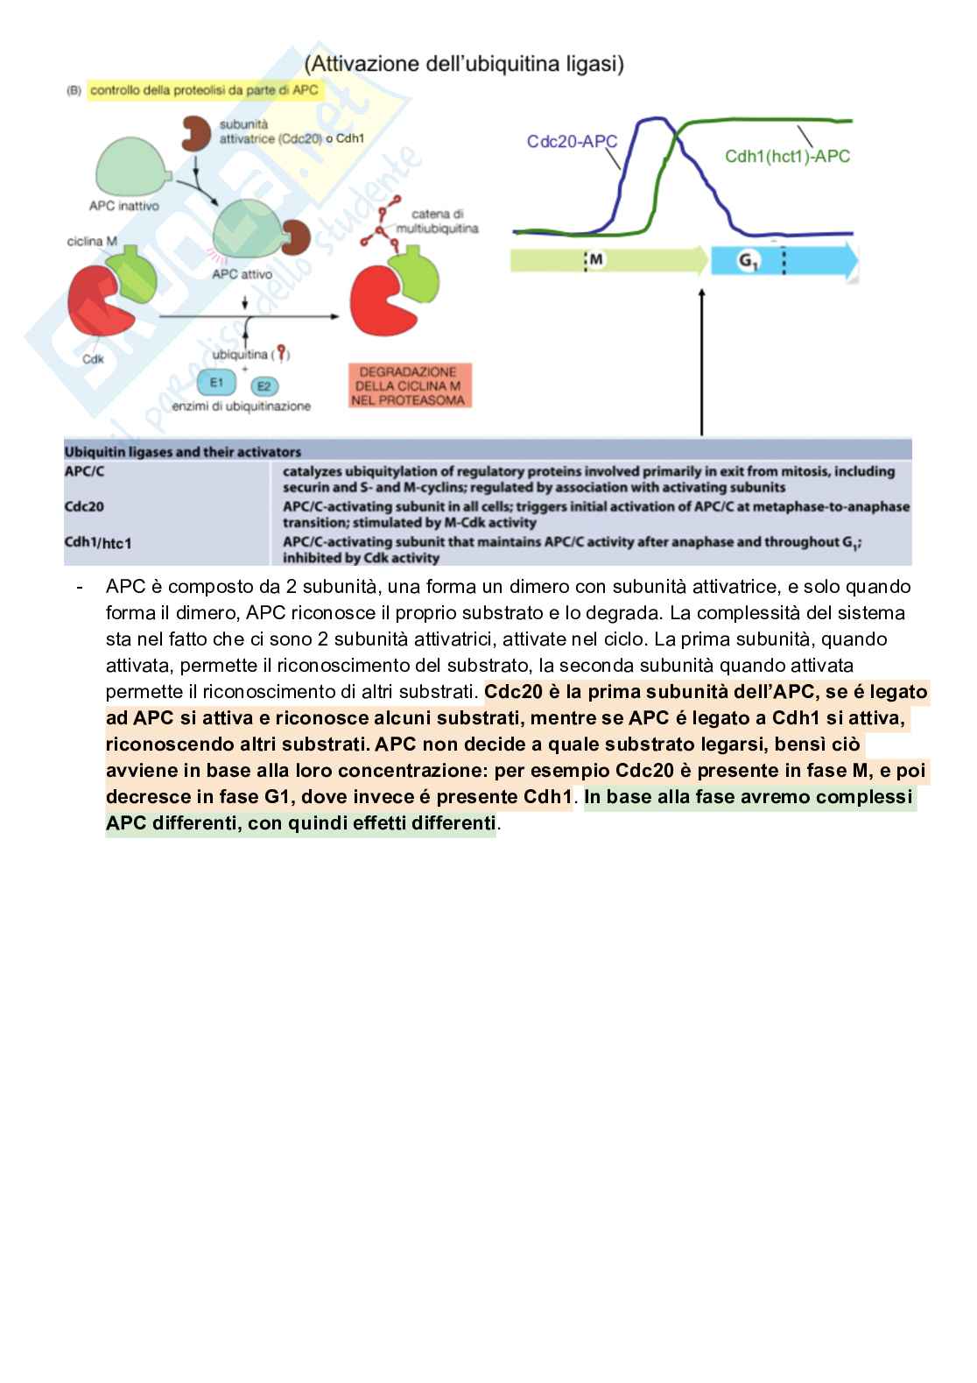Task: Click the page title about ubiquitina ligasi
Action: tap(464, 64)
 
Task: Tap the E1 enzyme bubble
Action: tap(215, 382)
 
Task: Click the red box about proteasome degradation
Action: tap(409, 386)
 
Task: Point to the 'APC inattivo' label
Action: tap(123, 206)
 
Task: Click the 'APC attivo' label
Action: tap(242, 274)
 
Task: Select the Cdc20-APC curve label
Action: tap(572, 141)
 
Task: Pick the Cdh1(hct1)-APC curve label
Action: tap(787, 156)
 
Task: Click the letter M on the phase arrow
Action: tap(595, 260)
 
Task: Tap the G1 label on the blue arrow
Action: tap(748, 261)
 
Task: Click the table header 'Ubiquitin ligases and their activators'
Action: tap(183, 452)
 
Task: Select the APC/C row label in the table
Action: tap(84, 471)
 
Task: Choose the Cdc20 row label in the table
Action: tap(84, 506)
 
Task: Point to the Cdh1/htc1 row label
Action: tap(98, 542)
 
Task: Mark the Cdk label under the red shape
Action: tap(93, 358)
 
